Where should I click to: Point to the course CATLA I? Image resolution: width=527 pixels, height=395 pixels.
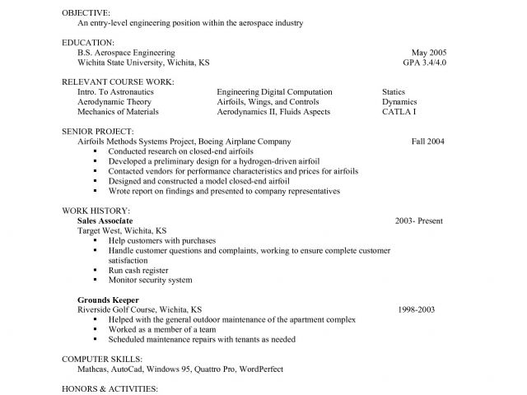click(x=399, y=111)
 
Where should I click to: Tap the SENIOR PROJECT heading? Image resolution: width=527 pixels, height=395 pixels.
click(x=97, y=131)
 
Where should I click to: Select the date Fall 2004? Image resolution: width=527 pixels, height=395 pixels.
click(x=427, y=141)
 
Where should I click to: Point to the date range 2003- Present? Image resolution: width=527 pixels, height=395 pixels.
click(x=418, y=221)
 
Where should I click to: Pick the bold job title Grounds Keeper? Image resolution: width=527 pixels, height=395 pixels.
click(x=108, y=300)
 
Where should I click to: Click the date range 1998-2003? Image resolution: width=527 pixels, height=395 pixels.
click(x=415, y=309)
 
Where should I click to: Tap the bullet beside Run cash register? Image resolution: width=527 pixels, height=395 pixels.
click(x=96, y=270)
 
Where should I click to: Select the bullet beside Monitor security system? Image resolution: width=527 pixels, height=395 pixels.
click(x=96, y=280)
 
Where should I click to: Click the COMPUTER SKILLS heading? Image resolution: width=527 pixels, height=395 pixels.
click(x=102, y=359)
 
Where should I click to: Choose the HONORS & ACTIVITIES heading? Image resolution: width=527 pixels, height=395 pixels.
click(x=109, y=388)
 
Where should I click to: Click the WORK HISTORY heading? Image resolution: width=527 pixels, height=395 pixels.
click(x=93, y=211)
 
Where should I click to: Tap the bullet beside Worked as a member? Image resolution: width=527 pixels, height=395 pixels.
click(x=96, y=329)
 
